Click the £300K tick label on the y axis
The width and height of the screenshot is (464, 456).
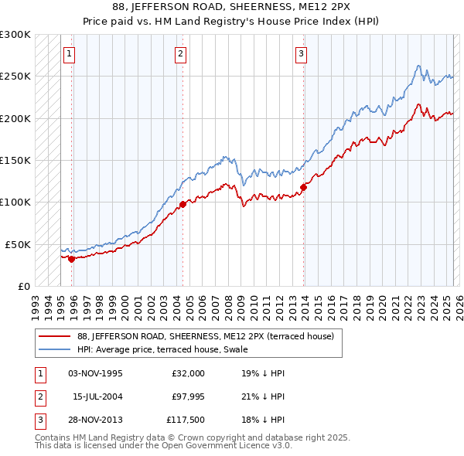tap(15, 35)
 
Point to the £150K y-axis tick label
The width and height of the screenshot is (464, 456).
tap(15, 160)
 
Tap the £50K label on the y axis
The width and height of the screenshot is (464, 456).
tap(19, 244)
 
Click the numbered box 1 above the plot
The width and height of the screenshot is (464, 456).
tap(70, 54)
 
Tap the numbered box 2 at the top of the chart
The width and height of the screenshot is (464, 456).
tap(180, 54)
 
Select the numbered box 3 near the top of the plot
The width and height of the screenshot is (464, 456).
tap(301, 54)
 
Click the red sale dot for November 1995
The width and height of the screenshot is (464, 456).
tap(71, 259)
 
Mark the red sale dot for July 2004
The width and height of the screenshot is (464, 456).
tap(183, 204)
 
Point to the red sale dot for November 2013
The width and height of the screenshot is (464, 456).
tap(303, 187)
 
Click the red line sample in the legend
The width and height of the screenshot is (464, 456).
tap(55, 337)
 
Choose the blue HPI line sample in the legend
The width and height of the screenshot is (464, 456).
tap(55, 349)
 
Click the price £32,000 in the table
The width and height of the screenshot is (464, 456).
tap(188, 373)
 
